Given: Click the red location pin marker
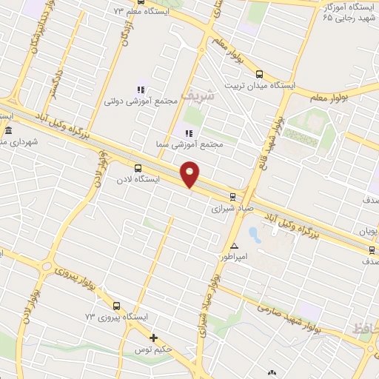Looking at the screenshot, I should [191, 175].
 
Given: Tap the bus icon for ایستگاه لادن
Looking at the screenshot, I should [138, 168].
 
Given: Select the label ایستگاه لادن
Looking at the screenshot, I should [138, 180].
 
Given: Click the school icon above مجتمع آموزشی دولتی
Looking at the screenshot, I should [141, 90].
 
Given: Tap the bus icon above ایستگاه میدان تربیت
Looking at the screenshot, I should [259, 74].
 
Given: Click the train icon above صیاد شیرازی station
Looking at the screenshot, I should [233, 196].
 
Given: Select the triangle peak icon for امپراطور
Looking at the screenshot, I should [235, 246].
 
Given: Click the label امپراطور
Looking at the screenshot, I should [235, 257].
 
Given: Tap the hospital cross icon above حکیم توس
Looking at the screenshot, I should [153, 338].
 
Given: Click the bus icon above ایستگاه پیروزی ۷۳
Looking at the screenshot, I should [116, 306].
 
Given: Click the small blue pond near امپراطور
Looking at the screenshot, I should [254, 235].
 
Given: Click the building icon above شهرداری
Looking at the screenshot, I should [8, 130].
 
